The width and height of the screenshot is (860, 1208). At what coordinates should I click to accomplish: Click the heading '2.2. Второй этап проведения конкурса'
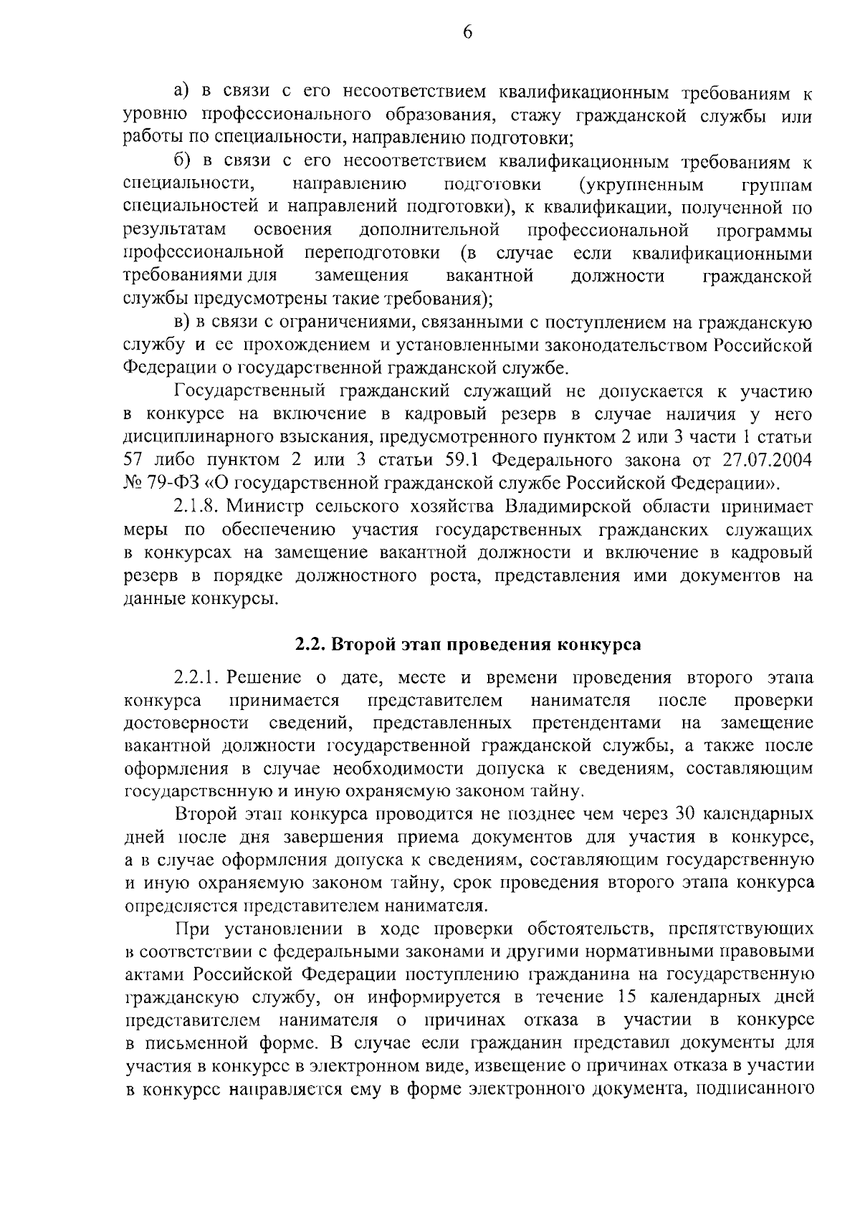469,643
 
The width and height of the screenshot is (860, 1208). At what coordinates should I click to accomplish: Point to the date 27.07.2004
770,460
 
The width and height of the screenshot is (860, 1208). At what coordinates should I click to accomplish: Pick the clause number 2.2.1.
194,677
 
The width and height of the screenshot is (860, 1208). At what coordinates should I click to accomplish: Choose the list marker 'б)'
182,162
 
